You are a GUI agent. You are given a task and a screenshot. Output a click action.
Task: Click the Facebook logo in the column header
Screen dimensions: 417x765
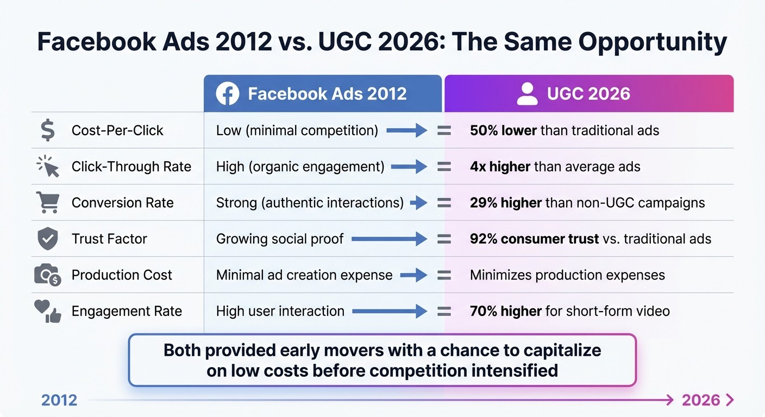tap(228, 94)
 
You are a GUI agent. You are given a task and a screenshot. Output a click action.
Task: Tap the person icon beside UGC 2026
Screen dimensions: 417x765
tap(527, 94)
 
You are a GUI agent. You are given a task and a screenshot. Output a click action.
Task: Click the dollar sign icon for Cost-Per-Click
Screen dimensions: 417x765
tap(48, 131)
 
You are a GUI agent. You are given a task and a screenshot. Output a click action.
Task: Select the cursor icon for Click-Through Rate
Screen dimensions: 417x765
tap(48, 167)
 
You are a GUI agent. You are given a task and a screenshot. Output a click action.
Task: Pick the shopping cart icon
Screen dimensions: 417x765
tap(48, 203)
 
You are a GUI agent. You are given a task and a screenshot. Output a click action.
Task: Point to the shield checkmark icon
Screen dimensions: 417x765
tap(48, 239)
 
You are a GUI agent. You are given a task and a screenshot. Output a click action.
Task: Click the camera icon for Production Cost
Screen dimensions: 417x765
tap(48, 275)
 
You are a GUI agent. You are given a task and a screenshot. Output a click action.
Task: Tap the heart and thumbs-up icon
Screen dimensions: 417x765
tap(48, 312)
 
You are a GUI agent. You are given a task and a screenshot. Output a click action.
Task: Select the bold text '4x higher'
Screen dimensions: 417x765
tap(500, 167)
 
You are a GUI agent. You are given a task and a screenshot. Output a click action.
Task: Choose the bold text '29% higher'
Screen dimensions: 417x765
tap(505, 203)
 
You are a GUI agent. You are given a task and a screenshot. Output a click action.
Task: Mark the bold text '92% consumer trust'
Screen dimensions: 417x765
tap(534, 239)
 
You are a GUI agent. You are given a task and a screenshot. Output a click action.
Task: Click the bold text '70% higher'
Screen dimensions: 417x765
tap(505, 311)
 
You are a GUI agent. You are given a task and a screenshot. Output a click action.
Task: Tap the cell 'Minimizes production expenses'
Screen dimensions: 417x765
tap(567, 275)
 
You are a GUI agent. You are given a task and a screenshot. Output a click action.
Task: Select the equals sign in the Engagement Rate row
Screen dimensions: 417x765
tap(444, 311)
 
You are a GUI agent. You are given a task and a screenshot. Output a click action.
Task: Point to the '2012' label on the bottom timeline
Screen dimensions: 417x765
tap(59, 401)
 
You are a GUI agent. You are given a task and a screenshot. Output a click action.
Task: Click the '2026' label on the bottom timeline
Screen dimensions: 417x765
tap(701, 401)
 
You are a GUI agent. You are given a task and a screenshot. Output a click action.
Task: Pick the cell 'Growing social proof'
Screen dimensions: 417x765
tap(280, 239)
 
